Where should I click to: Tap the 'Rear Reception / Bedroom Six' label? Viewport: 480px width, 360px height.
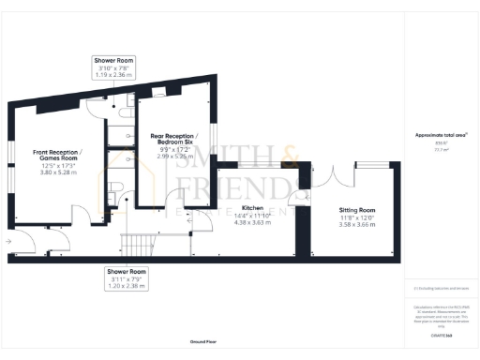172,142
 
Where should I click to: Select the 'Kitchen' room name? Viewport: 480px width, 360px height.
251,206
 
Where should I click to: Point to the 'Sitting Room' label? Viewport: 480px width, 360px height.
357,210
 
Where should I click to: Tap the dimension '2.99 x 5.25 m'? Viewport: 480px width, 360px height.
172,157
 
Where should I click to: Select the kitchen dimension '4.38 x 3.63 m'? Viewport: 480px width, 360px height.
251,221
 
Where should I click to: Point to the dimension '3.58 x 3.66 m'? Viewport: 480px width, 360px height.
357,226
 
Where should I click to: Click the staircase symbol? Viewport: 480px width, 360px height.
138,245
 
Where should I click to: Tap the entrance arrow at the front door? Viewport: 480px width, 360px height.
8,241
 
